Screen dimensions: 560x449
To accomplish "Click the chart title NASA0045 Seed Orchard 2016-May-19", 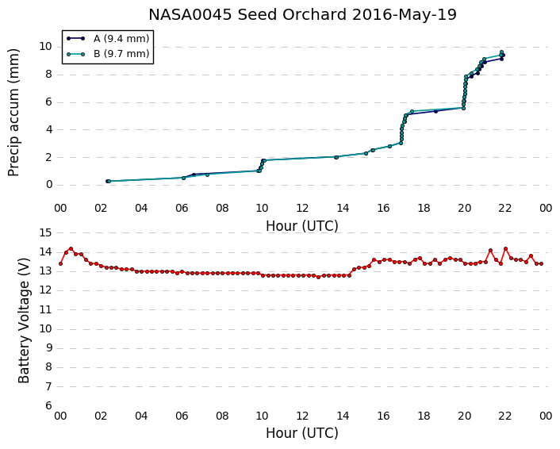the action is click(302, 14).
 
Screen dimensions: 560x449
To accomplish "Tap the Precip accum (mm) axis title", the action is click(13, 113).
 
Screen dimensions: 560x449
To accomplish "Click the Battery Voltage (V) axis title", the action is click(24, 320).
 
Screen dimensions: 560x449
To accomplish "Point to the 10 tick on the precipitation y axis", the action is click(46, 47).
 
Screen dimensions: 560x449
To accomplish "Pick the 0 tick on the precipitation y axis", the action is click(49, 185).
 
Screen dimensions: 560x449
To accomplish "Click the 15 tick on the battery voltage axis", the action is click(46, 233).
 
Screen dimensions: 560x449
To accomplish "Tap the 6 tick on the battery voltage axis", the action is click(48, 405).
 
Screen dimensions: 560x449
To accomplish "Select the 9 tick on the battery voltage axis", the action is click(48, 348).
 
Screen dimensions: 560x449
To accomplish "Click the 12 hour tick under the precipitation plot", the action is click(302, 208).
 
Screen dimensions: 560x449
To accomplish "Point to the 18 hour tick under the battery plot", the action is click(424, 416).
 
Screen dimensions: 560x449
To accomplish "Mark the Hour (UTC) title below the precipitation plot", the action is click(302, 226).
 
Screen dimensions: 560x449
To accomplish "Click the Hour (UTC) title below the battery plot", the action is click(302, 433).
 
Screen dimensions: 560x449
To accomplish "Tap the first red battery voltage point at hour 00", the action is click(61, 263).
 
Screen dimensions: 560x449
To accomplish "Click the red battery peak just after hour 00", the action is click(71, 248).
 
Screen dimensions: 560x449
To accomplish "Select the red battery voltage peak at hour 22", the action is click(506, 248).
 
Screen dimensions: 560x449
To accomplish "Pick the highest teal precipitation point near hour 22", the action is click(501, 52).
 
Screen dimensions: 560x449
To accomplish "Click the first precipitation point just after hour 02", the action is click(108, 181).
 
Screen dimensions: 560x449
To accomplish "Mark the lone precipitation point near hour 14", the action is click(336, 157).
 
